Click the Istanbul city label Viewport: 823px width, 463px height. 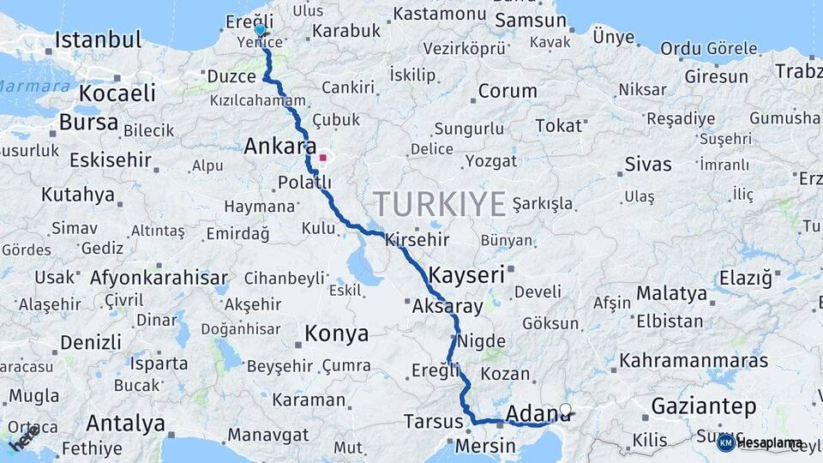click(x=98, y=39)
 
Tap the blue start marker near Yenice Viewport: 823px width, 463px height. click(x=260, y=31)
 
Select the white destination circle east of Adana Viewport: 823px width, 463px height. click(x=565, y=410)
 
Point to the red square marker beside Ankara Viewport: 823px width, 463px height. click(x=323, y=158)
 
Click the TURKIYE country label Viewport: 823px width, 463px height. click(x=439, y=204)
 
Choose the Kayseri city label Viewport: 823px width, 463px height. click(x=466, y=275)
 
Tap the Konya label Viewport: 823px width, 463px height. click(x=338, y=334)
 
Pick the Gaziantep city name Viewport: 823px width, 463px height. click(x=703, y=406)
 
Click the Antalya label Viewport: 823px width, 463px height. click(x=125, y=423)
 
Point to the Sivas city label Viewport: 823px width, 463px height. click(x=648, y=163)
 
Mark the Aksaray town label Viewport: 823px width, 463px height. click(x=448, y=306)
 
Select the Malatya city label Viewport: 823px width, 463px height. click(x=671, y=294)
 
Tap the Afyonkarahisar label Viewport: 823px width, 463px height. click(x=159, y=278)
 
